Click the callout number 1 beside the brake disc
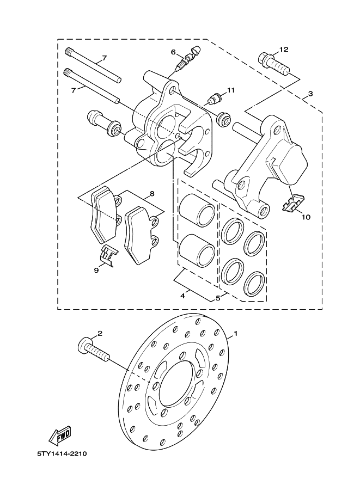[x=236, y=333]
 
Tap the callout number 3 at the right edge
[x=310, y=94]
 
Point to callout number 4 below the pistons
[x=183, y=296]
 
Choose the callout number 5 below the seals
[x=218, y=298]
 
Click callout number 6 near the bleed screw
[x=174, y=52]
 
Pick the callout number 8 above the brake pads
[x=152, y=193]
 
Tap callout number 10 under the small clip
[x=306, y=217]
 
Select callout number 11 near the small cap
[x=230, y=90]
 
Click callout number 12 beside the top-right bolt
[x=283, y=50]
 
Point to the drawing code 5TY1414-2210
[x=61, y=453]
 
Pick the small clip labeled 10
[x=294, y=203]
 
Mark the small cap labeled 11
[x=215, y=100]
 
